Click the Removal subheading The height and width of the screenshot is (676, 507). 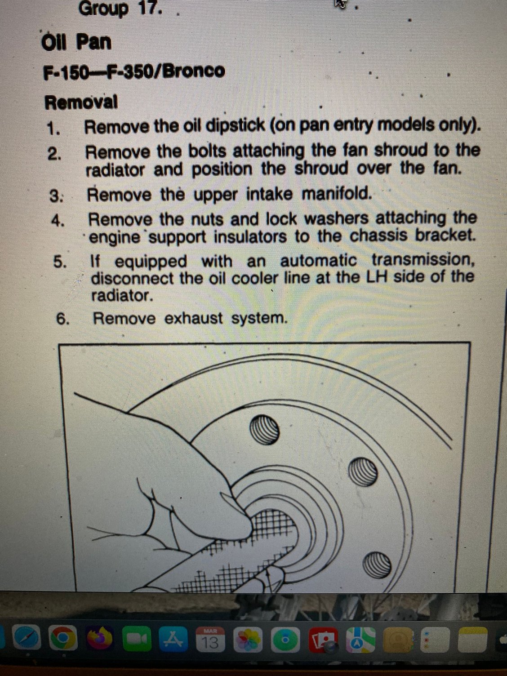[81, 102]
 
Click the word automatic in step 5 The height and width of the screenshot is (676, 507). [318, 262]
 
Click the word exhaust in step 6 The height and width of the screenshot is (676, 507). [194, 318]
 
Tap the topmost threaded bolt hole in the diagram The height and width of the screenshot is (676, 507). [264, 430]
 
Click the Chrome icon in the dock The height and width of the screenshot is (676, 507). [64, 637]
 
